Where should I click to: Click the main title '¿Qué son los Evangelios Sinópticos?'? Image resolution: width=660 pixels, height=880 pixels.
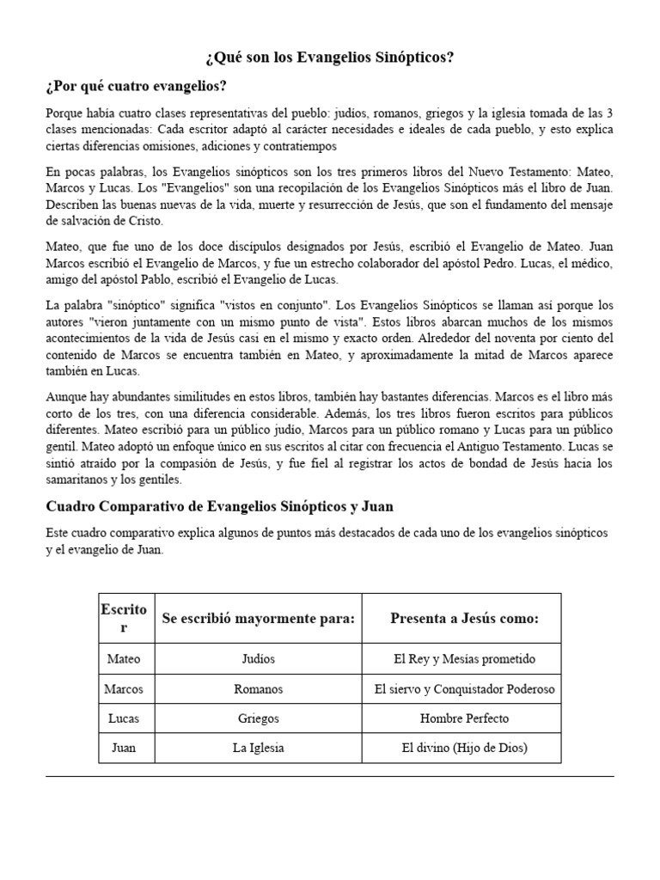coord(330,58)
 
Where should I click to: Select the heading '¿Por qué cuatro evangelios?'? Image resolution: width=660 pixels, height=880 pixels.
coord(137,87)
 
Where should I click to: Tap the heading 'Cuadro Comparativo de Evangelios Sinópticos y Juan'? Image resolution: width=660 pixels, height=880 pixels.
coord(219,506)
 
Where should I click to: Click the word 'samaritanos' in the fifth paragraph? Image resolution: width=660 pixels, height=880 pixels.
coord(82,480)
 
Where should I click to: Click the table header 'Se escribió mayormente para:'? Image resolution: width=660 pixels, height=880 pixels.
coord(258,618)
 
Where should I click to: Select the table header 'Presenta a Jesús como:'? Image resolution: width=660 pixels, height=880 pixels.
coord(464,618)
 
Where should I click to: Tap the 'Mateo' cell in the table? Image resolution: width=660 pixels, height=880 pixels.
coord(124,659)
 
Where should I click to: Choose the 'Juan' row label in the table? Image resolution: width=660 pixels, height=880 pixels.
coord(124,748)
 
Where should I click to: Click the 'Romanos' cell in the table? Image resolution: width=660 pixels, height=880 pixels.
coord(258,689)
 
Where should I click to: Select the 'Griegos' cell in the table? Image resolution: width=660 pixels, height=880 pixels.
coord(258,718)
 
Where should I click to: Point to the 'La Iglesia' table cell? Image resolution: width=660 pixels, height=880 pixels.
coord(258,748)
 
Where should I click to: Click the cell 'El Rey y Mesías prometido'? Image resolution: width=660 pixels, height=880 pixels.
coord(464,659)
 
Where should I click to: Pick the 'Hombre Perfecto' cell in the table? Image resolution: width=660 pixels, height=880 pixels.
coord(464,718)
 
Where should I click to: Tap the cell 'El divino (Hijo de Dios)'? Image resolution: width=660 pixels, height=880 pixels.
coord(464,748)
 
